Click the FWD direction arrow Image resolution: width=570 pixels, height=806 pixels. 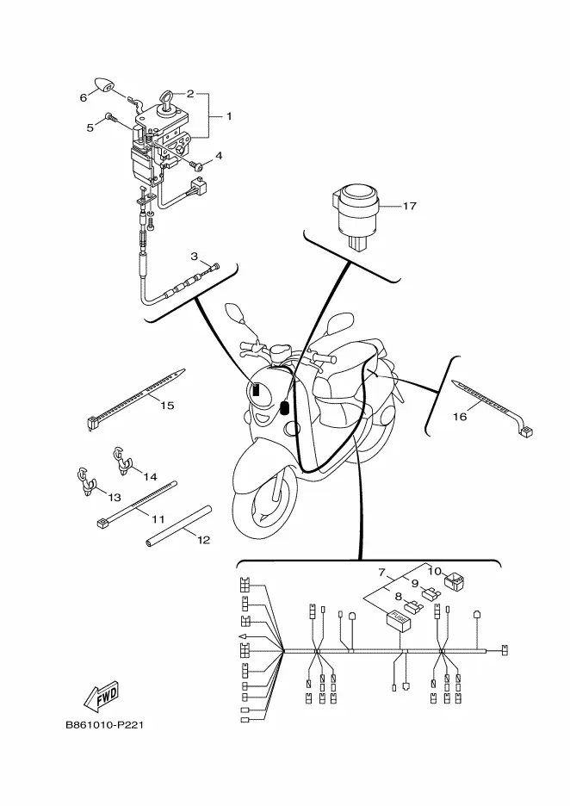(x=101, y=696)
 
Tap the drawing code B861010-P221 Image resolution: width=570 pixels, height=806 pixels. (x=104, y=725)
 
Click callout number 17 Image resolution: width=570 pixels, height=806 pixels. (x=409, y=206)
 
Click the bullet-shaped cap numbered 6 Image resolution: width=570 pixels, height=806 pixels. (x=105, y=86)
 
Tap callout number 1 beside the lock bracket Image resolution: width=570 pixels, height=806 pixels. (x=229, y=116)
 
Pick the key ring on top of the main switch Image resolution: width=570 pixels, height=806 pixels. (x=167, y=99)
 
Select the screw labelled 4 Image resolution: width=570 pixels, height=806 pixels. (x=196, y=165)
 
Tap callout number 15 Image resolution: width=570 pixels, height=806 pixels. (x=167, y=406)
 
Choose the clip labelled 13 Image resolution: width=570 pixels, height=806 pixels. (x=86, y=481)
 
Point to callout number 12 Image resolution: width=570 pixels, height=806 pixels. (x=203, y=540)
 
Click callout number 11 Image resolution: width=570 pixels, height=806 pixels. (x=158, y=520)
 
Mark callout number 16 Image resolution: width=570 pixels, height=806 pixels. (x=460, y=417)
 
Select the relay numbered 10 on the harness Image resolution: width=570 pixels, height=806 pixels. (x=455, y=581)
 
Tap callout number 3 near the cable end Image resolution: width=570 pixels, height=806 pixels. (x=194, y=256)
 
